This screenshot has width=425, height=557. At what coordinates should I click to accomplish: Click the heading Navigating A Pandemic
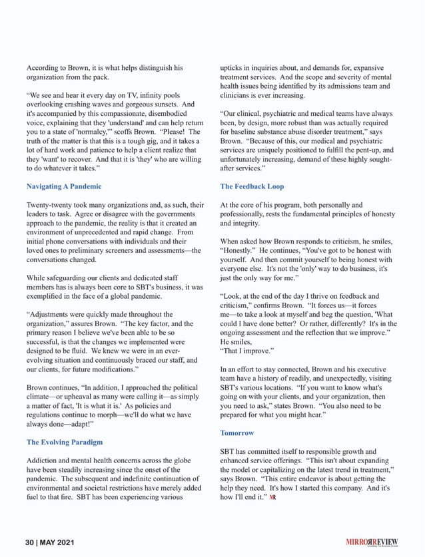(x=64, y=187)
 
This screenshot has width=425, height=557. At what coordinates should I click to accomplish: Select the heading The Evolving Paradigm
(x=65, y=442)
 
